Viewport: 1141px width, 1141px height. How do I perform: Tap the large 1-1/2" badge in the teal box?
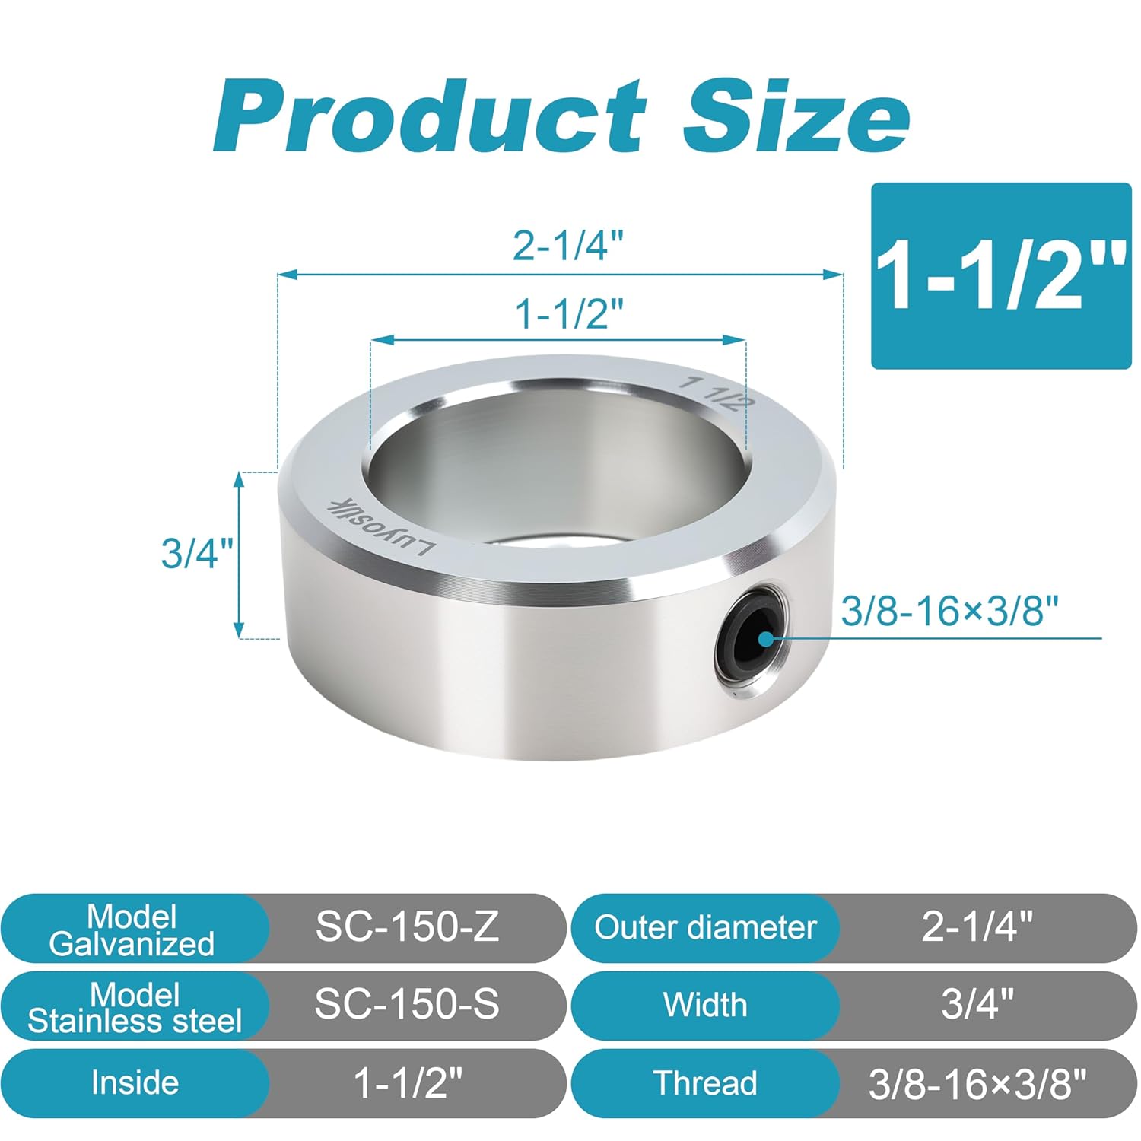click(1001, 275)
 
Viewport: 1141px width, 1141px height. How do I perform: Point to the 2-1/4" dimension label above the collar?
click(568, 246)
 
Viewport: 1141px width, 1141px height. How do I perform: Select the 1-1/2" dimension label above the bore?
click(570, 313)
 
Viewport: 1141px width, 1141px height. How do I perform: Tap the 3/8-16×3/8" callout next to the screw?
click(949, 611)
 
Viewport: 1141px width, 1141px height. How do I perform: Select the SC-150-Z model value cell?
click(407, 926)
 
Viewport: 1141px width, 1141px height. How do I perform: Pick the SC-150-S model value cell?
click(407, 1005)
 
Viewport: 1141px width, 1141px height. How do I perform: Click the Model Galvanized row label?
click(132, 930)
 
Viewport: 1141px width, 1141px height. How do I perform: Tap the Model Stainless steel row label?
click(135, 1008)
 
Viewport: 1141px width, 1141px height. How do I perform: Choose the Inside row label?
click(135, 1082)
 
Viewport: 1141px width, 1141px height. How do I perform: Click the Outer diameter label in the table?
click(705, 927)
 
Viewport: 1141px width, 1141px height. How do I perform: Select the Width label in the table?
click(705, 1005)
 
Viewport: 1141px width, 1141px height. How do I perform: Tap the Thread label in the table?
click(705, 1082)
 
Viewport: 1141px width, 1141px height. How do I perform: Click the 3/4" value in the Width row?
click(977, 1005)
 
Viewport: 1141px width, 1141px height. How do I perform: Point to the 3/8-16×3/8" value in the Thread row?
click(977, 1083)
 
